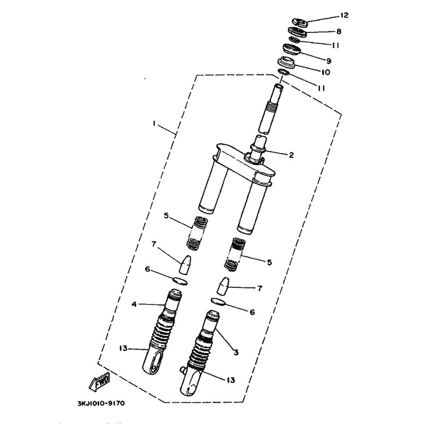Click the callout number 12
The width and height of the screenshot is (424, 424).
pyautogui.click(x=344, y=15)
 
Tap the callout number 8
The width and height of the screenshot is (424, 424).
pyautogui.click(x=339, y=31)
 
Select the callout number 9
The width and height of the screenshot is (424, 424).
pyautogui.click(x=329, y=61)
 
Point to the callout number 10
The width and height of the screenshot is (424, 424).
pyautogui.click(x=325, y=72)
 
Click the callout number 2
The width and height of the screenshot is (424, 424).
pyautogui.click(x=291, y=155)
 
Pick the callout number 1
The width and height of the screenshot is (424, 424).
pyautogui.click(x=154, y=123)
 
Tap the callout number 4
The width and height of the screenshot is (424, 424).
pyautogui.click(x=134, y=304)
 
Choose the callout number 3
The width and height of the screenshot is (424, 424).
pyautogui.click(x=236, y=352)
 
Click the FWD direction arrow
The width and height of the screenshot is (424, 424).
pyautogui.click(x=99, y=381)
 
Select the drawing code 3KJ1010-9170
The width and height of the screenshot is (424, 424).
pyautogui.click(x=101, y=403)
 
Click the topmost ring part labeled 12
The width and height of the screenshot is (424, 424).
pyautogui.click(x=300, y=22)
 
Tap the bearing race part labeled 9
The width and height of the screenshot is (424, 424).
pyautogui.click(x=292, y=49)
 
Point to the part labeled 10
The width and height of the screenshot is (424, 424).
pyautogui.click(x=286, y=63)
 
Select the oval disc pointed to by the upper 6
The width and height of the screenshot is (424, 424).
pyautogui.click(x=180, y=281)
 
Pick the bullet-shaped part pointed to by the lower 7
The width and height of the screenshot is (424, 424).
pyautogui.click(x=223, y=286)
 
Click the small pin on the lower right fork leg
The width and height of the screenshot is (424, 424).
pyautogui.click(x=183, y=369)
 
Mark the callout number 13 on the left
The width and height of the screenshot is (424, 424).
pyautogui.click(x=123, y=348)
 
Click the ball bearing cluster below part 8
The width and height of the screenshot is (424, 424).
pyautogui.click(x=294, y=40)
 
